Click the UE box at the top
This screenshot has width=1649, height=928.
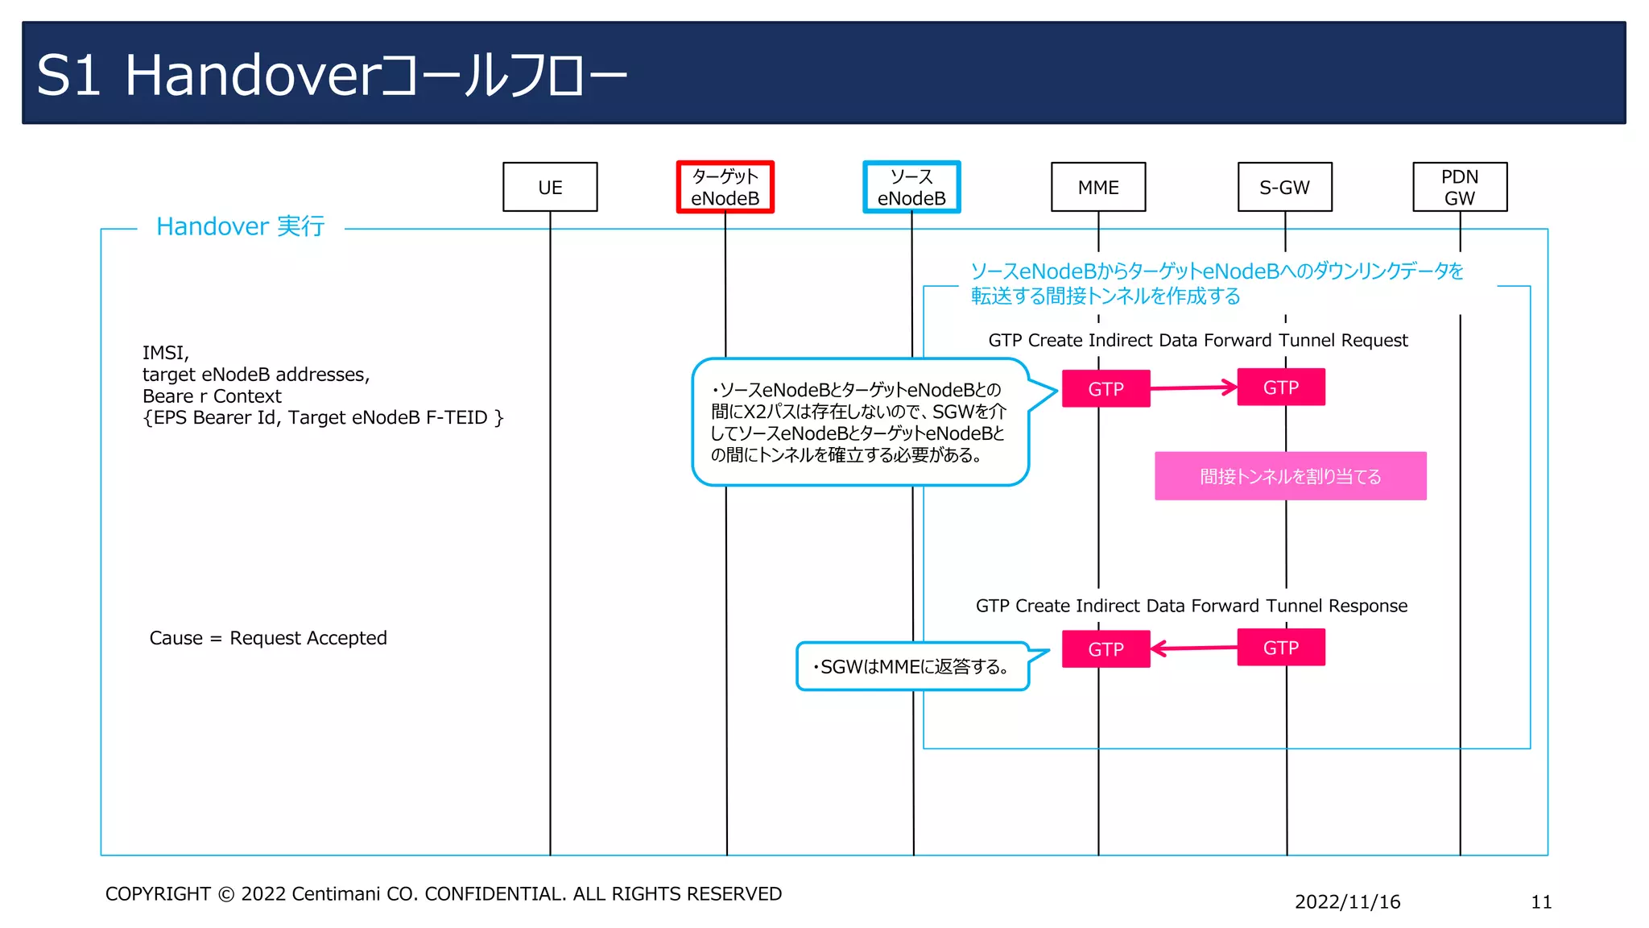550,187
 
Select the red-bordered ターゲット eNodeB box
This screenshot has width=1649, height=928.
725,187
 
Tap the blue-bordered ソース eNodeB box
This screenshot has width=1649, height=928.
911,187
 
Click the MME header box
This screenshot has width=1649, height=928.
1098,187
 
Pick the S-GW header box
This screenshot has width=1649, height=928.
1284,187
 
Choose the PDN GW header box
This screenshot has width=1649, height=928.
1460,187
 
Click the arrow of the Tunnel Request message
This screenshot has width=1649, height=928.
1193,388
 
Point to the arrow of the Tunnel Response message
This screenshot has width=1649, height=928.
1193,648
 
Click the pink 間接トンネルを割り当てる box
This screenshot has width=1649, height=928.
1290,476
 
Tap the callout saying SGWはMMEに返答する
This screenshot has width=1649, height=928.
912,666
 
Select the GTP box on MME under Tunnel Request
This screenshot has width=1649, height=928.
1106,389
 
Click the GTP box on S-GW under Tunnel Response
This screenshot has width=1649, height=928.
1280,648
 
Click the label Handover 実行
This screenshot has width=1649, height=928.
240,226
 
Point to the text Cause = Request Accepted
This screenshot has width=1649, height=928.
268,638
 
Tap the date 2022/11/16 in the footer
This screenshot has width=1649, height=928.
1347,901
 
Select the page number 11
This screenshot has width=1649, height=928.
1540,901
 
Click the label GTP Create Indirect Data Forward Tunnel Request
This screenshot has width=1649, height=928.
1197,340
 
